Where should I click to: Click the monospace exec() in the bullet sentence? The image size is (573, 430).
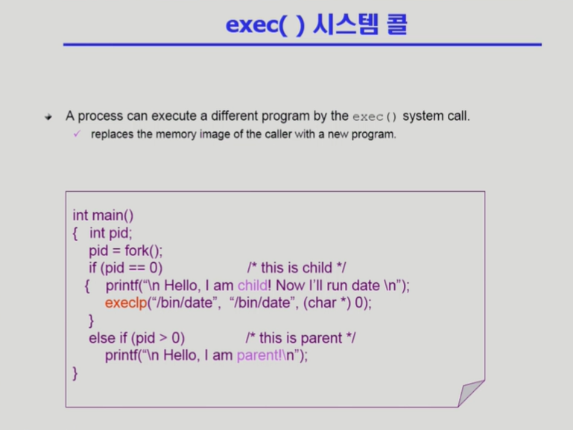tap(375, 117)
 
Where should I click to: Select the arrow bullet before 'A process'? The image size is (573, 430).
tap(48, 117)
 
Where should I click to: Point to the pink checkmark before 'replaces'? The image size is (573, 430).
tap(77, 134)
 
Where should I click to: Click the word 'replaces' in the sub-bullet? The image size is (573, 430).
tap(113, 134)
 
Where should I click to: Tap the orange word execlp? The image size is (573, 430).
tap(126, 303)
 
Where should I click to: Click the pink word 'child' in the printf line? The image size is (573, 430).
tap(253, 285)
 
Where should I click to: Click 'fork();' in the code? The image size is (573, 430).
tap(143, 251)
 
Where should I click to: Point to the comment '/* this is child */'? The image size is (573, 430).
tap(297, 268)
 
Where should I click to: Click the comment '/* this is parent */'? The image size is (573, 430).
tap(301, 338)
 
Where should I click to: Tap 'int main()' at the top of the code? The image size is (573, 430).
tap(103, 215)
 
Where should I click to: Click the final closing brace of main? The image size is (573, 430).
tap(75, 373)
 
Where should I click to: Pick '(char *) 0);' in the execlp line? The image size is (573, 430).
tap(338, 303)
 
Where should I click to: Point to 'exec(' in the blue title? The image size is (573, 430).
tap(256, 25)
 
